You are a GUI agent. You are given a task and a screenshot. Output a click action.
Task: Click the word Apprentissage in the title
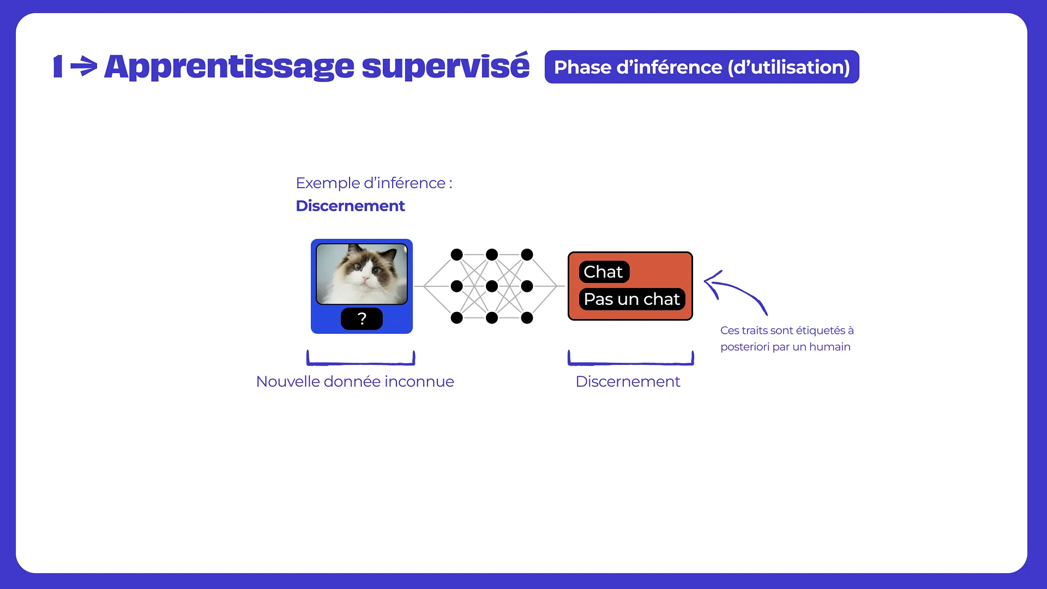(229, 68)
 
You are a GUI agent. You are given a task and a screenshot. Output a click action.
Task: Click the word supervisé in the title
(446, 67)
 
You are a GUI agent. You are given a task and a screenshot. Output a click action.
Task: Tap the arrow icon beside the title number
(84, 67)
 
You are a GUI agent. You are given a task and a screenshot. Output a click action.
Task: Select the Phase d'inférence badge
(702, 67)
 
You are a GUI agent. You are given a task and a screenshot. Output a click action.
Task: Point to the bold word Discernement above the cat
(350, 206)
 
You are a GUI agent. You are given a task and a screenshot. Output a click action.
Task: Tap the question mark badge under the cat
(362, 318)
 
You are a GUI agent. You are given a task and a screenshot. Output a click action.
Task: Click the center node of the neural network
(492, 286)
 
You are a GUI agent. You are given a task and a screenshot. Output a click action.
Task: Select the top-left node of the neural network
(457, 255)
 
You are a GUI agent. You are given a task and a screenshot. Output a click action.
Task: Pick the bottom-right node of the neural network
(527, 317)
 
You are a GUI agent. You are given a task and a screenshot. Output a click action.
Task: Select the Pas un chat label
(632, 299)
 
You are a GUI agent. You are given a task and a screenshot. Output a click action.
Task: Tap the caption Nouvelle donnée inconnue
(355, 382)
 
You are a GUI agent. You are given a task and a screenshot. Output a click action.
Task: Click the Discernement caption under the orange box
(628, 382)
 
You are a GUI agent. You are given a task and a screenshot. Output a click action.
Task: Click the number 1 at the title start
(58, 67)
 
